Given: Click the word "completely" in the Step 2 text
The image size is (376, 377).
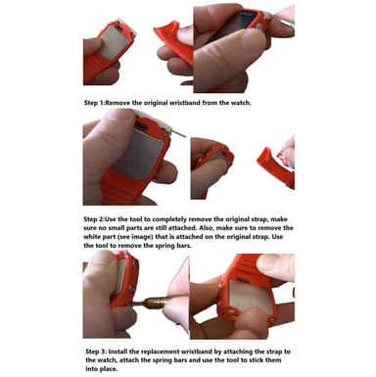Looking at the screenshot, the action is point(169,219).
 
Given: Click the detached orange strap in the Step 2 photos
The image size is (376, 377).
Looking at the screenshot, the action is point(276,167).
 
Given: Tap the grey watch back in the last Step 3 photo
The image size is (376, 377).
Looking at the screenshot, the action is point(249,297).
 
